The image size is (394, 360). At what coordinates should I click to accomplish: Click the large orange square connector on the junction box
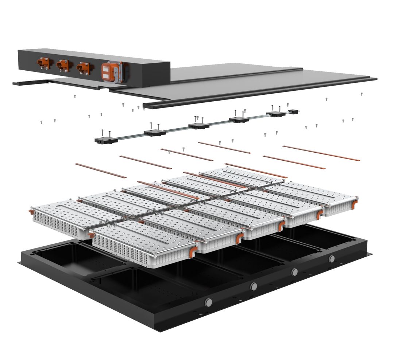(110, 71)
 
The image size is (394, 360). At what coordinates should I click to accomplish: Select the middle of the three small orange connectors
(63, 65)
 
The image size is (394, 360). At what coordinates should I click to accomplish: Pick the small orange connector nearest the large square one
(83, 67)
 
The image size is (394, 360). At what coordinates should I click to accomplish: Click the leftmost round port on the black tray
(209, 302)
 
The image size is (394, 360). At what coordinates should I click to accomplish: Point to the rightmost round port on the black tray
(332, 259)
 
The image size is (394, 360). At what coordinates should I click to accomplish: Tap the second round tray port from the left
(254, 286)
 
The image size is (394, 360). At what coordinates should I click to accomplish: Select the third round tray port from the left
(294, 272)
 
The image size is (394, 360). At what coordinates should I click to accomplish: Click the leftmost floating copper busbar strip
(95, 171)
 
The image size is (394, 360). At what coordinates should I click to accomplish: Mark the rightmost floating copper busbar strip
(321, 153)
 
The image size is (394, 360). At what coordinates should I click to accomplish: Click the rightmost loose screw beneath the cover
(362, 94)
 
